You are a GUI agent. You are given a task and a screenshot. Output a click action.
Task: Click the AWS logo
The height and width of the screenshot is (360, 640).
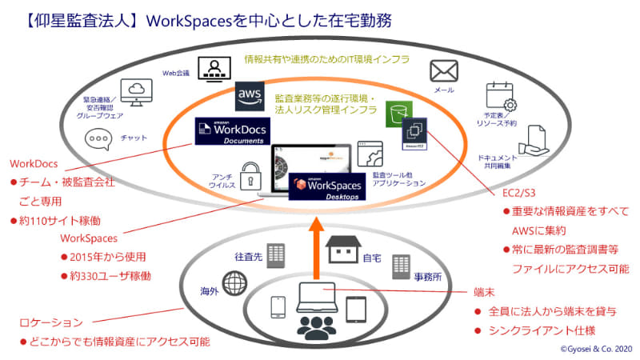pos(250,98)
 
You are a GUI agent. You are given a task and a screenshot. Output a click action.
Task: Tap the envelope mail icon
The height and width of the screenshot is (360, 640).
pos(442,71)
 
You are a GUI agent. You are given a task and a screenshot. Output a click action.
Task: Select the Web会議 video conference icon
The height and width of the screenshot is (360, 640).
pos(214,70)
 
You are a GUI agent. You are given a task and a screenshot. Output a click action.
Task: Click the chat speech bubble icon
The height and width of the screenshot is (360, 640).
pos(98,139)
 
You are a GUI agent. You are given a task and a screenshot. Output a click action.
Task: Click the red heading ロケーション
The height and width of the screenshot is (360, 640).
pos(51,322)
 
